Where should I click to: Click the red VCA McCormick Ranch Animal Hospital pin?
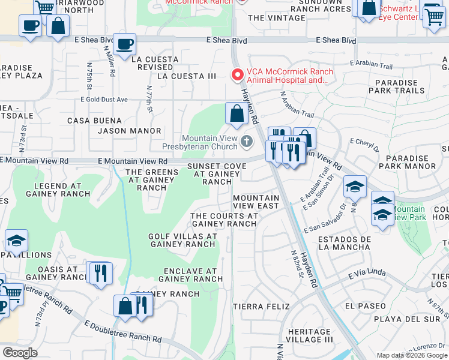pyautogui.click(x=238, y=75)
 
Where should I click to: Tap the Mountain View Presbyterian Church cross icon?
pyautogui.click(x=247, y=142)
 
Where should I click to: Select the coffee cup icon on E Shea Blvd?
pyautogui.click(x=124, y=44)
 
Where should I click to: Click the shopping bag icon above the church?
pyautogui.click(x=237, y=113)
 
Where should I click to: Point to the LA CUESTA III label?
pyautogui.click(x=186, y=76)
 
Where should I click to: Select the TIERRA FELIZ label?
pyautogui.click(x=256, y=307)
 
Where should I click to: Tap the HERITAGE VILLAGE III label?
pyautogui.click(x=310, y=335)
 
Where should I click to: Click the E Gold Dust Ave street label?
pyautogui.click(x=104, y=100)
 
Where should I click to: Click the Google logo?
pyautogui.click(x=20, y=353)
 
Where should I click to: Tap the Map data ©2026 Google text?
pyautogui.click(x=411, y=355)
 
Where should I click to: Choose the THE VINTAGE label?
pyautogui.click(x=276, y=18)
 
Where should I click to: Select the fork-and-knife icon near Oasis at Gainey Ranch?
pyautogui.click(x=100, y=273)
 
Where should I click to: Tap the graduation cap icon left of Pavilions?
pyautogui.click(x=16, y=242)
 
